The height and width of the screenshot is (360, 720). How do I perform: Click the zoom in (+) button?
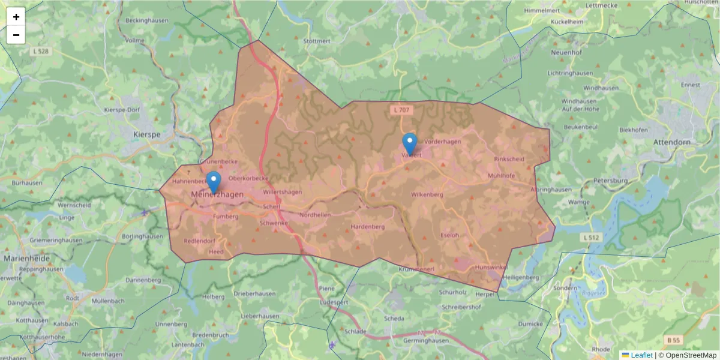click(x=16, y=17)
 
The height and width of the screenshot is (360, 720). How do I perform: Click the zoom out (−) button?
click(x=16, y=35)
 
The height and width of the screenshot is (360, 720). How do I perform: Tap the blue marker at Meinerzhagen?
click(x=213, y=182)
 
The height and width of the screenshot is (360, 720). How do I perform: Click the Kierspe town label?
click(x=147, y=135)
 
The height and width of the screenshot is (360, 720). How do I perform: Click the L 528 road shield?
click(x=41, y=52)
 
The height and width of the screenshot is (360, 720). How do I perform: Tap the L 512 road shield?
click(x=591, y=238)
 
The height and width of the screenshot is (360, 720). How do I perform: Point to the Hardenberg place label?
click(x=367, y=227)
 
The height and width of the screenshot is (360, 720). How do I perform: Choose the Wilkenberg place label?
click(x=427, y=195)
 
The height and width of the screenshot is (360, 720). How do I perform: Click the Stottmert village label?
click(x=317, y=41)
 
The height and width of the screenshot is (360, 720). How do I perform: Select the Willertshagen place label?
click(x=282, y=192)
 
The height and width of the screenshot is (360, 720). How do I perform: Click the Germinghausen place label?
click(x=426, y=340)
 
